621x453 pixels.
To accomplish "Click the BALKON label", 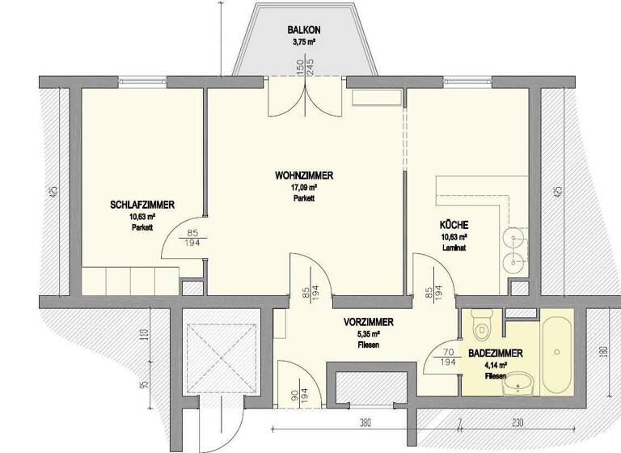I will pyautogui.click(x=303, y=31).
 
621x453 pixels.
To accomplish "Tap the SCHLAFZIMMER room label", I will pyautogui.click(x=143, y=205).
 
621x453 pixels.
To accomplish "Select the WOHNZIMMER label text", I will pyautogui.click(x=304, y=176).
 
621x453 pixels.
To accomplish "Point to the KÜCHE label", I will pyautogui.click(x=454, y=225).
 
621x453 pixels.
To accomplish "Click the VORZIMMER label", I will pyautogui.click(x=368, y=321).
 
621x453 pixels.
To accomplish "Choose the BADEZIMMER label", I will pyautogui.click(x=496, y=354).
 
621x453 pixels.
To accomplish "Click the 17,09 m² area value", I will pyautogui.click(x=304, y=188).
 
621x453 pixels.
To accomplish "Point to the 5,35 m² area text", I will pyautogui.click(x=368, y=333).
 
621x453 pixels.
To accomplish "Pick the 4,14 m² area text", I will pyautogui.click(x=496, y=366).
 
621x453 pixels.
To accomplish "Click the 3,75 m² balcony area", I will pyautogui.click(x=303, y=42).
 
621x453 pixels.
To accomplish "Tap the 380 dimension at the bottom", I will pyautogui.click(x=365, y=421).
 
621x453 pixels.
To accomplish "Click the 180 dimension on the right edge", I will pyautogui.click(x=602, y=353).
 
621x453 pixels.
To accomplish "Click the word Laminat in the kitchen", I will pyautogui.click(x=454, y=249).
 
